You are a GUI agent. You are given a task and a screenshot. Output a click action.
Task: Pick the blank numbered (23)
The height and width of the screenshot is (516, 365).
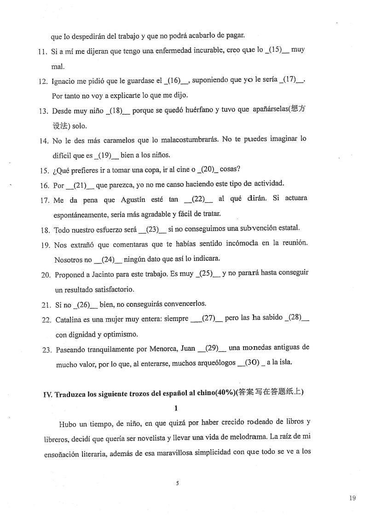coord(153,228)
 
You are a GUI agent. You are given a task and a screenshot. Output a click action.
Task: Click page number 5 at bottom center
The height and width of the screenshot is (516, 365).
coord(177,483)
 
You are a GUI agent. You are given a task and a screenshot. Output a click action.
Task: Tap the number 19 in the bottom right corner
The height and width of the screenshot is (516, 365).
coord(352,498)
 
